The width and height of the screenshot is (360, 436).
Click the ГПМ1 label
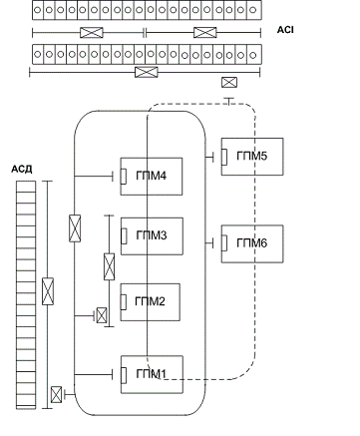tap(151, 374)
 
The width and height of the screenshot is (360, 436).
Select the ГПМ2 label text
tap(150, 301)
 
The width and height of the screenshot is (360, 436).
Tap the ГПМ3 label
tap(152, 235)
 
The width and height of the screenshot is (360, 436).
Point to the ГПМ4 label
tap(152, 176)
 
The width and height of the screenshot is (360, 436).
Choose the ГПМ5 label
tap(251, 156)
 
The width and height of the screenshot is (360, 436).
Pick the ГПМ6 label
tap(251, 243)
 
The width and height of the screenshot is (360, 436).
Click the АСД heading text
tap(22, 170)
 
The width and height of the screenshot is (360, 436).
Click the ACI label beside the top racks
tap(285, 30)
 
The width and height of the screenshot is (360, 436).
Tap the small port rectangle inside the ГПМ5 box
tap(224, 157)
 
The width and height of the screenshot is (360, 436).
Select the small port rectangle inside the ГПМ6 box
tap(224, 242)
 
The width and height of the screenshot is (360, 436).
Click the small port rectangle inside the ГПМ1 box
tap(124, 375)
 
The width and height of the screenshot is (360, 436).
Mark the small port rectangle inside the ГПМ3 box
tap(124, 236)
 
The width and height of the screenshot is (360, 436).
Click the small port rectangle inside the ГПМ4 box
tap(124, 176)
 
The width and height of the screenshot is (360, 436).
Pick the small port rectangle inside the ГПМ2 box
tap(124, 302)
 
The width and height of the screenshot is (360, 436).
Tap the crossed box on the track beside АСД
tap(48, 291)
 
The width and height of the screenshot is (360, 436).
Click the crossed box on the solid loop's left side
tap(75, 228)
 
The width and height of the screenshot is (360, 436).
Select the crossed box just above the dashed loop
tap(229, 82)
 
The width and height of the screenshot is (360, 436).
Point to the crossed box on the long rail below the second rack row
tap(147, 72)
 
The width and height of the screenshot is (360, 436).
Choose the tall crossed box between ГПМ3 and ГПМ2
tap(109, 266)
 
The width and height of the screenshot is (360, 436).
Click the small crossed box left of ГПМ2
tap(102, 315)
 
